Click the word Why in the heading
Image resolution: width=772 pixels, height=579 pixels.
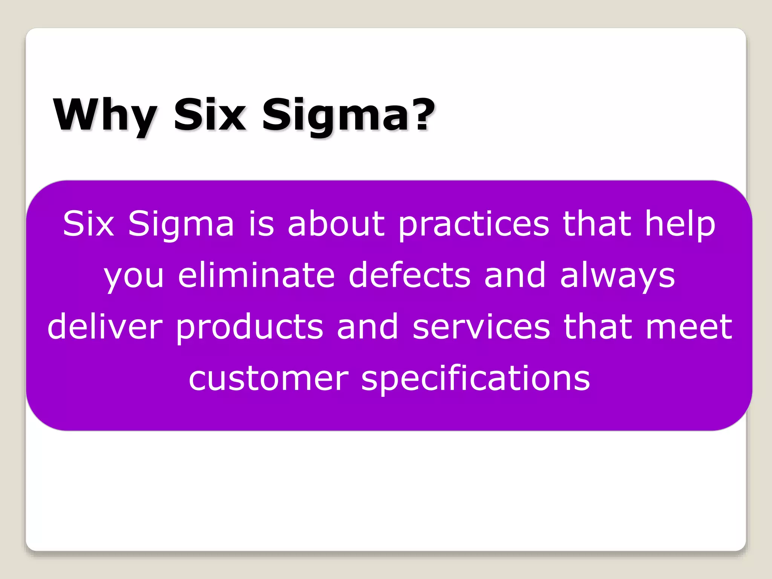[x=105, y=115]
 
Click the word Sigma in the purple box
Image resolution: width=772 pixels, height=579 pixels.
[x=181, y=224]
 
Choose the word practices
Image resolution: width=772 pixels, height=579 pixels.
[x=474, y=225]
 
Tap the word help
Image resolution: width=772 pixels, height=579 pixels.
[x=680, y=225]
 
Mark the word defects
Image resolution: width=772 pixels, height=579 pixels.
[x=410, y=275]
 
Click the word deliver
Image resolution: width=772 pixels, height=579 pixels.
[x=105, y=326]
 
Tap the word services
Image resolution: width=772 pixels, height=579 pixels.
[x=481, y=327]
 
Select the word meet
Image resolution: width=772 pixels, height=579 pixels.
[x=689, y=326]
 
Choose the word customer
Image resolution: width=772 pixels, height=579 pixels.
[x=268, y=378]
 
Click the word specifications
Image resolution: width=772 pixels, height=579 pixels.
[x=475, y=378]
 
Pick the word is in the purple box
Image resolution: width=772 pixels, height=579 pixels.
[x=261, y=224]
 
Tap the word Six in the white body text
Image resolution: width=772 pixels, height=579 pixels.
[x=89, y=224]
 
